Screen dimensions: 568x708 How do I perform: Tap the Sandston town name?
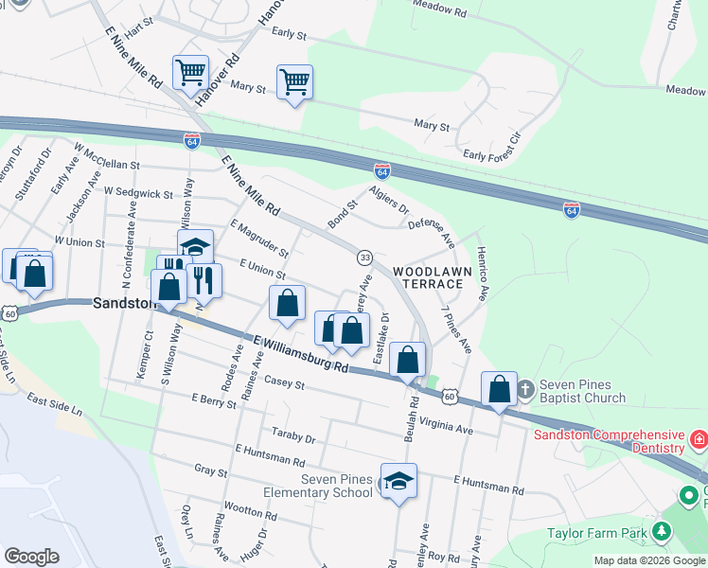(124, 303)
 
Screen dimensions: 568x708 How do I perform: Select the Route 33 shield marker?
(363, 257)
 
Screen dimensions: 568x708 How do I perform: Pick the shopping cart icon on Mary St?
(294, 82)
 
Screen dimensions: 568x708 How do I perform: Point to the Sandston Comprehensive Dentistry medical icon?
(699, 440)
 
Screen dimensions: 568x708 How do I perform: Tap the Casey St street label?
(284, 382)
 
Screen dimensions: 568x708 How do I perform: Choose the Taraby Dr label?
(293, 437)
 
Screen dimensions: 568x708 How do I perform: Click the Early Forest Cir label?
(491, 146)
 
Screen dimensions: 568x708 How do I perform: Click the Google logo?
(31, 557)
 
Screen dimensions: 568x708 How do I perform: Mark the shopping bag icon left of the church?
(499, 389)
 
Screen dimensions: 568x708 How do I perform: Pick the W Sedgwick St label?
(138, 192)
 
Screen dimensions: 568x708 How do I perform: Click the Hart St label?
(139, 30)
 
